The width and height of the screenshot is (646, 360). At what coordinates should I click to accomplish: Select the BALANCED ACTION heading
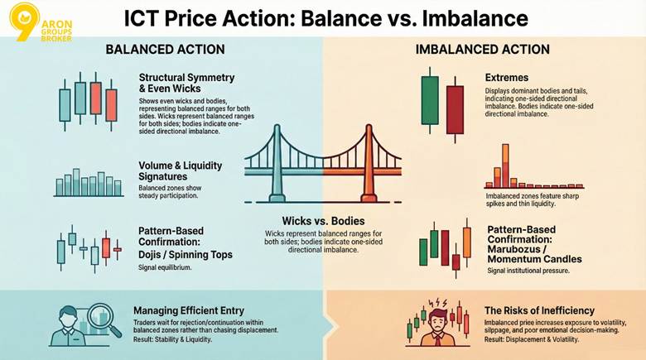pos(165,50)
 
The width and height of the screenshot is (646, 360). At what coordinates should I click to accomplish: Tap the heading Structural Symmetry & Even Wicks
pos(187,84)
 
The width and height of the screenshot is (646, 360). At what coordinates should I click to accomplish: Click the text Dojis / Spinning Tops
pos(186,255)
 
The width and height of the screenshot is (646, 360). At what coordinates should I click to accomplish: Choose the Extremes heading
pos(507,78)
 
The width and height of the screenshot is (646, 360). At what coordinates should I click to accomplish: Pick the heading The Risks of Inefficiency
pos(538,310)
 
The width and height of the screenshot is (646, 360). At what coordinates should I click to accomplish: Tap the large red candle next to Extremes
pos(454,109)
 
